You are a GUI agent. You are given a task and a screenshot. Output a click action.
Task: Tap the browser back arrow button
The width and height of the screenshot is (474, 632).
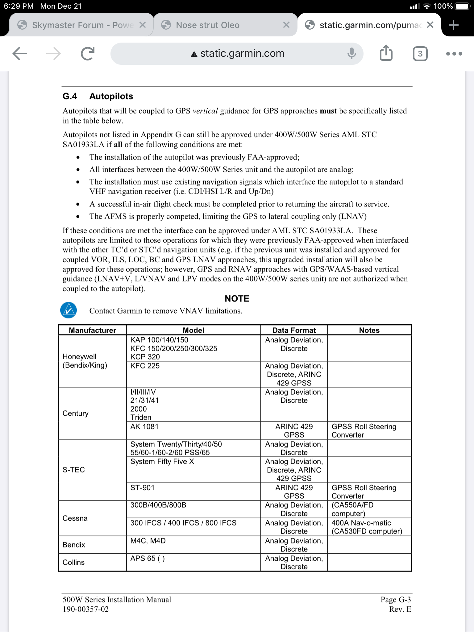[x=20, y=54]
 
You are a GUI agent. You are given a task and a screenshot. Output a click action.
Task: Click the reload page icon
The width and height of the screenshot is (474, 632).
[x=87, y=54]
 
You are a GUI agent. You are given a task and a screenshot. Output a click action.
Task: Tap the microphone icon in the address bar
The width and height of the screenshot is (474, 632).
[x=351, y=54]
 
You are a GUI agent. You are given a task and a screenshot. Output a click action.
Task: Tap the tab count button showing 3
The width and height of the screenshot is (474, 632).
[x=420, y=54]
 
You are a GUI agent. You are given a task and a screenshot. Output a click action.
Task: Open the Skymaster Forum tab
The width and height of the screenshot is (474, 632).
[x=77, y=25]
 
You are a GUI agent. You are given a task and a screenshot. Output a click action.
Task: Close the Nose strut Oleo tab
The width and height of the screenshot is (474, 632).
[x=286, y=25]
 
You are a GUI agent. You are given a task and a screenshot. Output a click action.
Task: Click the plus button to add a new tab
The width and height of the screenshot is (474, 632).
[x=453, y=25]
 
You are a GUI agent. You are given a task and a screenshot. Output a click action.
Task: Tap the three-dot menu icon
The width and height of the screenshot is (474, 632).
[x=454, y=54]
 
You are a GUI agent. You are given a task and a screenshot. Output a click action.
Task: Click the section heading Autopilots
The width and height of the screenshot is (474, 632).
[x=111, y=96]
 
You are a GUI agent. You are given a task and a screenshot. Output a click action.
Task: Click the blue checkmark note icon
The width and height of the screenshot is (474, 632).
[x=69, y=310]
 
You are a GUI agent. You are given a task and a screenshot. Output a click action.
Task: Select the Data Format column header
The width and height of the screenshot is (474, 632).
[x=294, y=330]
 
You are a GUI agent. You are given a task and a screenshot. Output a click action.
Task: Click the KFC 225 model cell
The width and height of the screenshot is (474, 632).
[x=145, y=366]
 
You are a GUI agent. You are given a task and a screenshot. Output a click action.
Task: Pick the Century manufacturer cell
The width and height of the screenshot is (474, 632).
[x=76, y=413]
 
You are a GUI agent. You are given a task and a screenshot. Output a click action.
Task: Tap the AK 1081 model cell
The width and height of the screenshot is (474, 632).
[x=144, y=427]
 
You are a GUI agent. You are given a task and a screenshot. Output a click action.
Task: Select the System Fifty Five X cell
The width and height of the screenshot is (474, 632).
[x=162, y=462]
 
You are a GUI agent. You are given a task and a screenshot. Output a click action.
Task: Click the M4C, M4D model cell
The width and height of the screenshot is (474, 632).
[x=148, y=541]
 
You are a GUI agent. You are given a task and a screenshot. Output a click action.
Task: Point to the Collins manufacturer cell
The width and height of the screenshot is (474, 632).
[x=74, y=562]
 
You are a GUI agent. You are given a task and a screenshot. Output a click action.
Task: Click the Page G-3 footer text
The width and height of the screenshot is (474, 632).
[x=396, y=600]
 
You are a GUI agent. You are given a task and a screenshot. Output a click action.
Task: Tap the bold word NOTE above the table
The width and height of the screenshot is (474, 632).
[x=237, y=298]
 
